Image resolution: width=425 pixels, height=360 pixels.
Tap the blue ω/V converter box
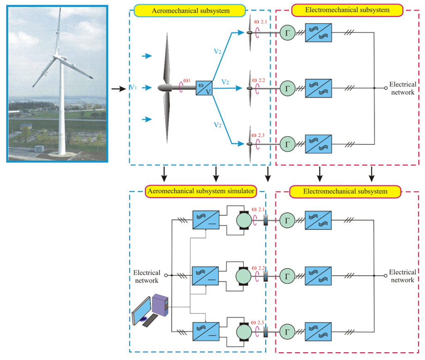[x=204, y=88]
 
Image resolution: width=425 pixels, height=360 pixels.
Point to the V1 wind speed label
[x=133, y=88]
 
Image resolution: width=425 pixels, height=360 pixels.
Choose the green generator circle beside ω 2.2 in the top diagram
[x=286, y=88]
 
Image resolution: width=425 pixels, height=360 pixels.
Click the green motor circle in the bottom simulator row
[x=242, y=333]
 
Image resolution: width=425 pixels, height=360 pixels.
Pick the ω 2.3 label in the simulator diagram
[x=261, y=322]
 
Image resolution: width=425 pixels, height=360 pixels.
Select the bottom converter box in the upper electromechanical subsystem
[x=318, y=144]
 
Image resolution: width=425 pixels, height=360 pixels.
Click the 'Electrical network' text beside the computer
[x=147, y=276]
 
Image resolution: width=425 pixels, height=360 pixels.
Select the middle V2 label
[x=225, y=82]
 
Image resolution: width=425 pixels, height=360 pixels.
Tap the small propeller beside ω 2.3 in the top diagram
[x=250, y=144]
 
